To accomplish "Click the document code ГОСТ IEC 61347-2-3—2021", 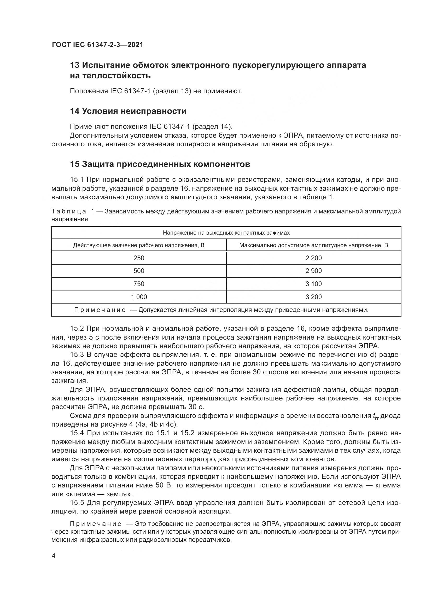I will coord(97,45).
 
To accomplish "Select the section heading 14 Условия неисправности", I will coord(128,111).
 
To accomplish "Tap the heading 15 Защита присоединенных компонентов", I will coord(160,164).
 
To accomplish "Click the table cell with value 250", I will coord(139,258).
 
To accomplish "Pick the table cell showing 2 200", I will coord(314,258).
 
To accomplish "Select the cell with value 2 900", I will coord(314,271).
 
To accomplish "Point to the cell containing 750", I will coord(139,284).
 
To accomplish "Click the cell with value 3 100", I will coord(314,284).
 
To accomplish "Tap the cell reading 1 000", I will coord(139,297).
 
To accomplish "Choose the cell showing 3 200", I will coord(314,297).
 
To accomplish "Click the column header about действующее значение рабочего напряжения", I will coord(139,245).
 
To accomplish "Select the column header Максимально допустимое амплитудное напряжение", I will coord(314,245).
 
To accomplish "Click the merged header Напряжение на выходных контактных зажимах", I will coord(226,233).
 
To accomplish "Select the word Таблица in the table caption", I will coord(69,212).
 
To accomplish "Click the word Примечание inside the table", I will coord(100,310).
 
